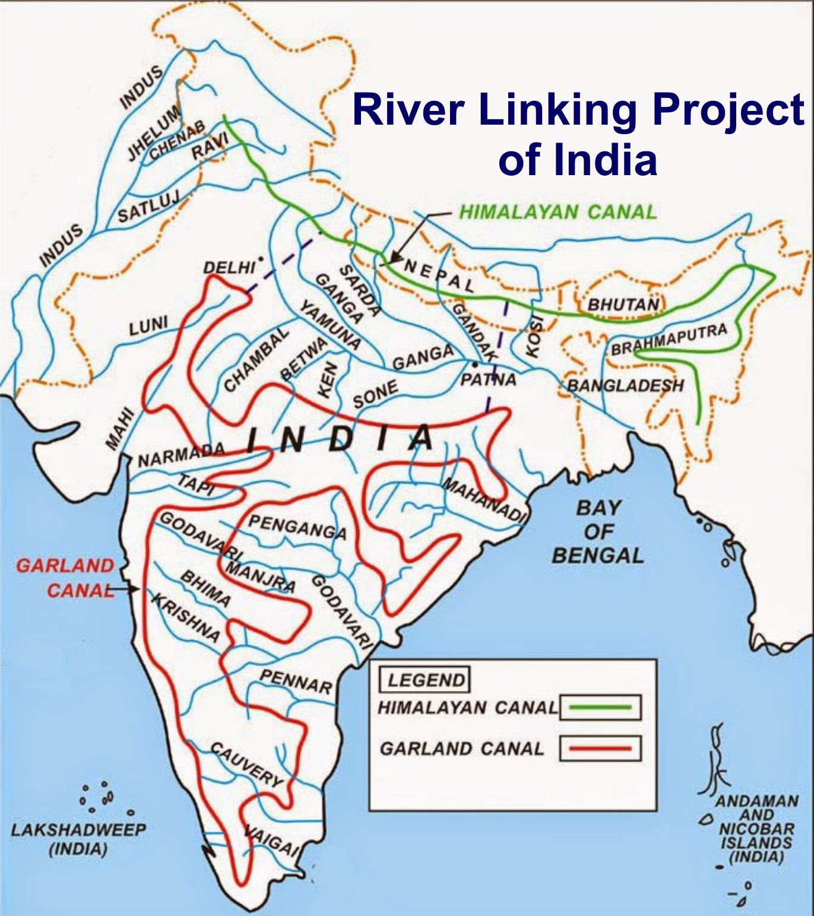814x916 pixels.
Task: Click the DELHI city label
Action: (229, 268)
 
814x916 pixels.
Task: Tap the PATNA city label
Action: (488, 379)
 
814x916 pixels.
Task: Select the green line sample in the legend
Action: (600, 707)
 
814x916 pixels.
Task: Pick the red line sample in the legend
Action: (600, 748)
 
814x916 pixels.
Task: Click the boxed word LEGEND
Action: (425, 680)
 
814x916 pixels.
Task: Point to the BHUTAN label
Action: (623, 305)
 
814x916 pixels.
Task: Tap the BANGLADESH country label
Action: (625, 386)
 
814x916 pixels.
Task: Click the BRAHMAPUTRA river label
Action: (669, 340)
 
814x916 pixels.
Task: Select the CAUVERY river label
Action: (247, 764)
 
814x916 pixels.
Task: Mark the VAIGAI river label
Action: (271, 840)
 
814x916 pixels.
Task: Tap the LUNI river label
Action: (148, 326)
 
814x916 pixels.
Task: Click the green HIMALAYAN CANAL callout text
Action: (558, 212)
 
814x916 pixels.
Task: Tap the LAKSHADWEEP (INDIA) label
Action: (78, 838)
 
